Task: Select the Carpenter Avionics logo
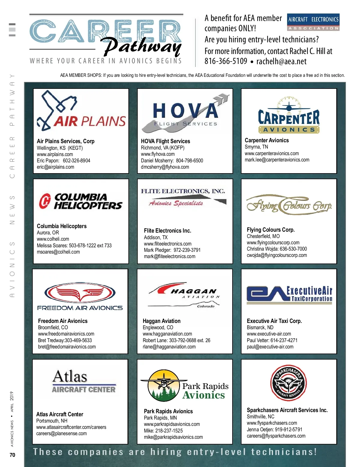pos(289,115)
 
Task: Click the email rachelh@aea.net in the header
pos(281,62)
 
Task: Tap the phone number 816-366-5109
pos(226,62)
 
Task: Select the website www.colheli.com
pos(53,239)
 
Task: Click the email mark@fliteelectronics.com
pos(169,257)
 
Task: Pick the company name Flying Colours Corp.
pos(271,230)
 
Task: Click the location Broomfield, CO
pos(53,327)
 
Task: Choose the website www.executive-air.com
pos(269,334)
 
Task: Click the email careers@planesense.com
pos(61,434)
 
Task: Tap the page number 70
pos(12,455)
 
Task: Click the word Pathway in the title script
pos(142,47)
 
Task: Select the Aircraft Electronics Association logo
pos(313,22)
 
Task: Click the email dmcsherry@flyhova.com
pos(165,167)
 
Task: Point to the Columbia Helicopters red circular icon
pos(45,201)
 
